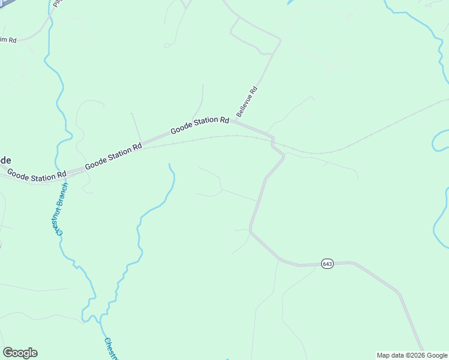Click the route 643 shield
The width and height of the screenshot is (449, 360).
[x=327, y=264]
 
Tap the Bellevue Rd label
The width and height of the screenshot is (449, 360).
[x=247, y=101]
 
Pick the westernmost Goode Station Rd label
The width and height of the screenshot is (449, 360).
[x=36, y=175]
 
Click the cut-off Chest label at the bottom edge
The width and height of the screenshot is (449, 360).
[x=112, y=349]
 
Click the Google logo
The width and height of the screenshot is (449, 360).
[x=20, y=353]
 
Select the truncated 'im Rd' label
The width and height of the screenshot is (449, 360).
[x=8, y=40]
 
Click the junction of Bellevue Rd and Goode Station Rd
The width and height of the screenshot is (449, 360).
[x=236, y=122]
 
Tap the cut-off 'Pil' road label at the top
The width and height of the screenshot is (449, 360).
[x=57, y=4]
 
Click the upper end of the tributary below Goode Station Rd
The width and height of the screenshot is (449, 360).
[x=169, y=164]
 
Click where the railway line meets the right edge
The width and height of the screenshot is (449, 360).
[x=447, y=100]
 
